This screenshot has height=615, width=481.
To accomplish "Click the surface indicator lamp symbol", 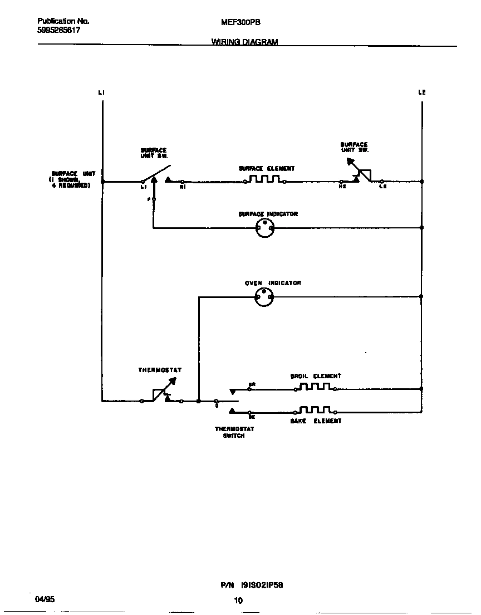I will pos(264,227).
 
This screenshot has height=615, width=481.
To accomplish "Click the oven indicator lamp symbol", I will pos(264,297).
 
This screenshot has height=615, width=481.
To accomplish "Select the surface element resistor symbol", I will pos(264,180).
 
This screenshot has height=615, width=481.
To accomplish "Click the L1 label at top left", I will pos(101,92).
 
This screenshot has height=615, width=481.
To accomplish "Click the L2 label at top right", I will pos(422,92).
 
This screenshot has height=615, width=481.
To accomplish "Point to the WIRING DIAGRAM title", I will pos(244,42).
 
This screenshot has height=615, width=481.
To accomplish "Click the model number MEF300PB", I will pos(241,22).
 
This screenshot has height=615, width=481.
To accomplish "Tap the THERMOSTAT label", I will pos(160,370).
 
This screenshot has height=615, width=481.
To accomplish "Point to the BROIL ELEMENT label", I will pos(316,376).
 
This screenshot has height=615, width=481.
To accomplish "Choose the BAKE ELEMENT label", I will pos(316,421).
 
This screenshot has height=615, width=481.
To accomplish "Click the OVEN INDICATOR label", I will pos(273,283).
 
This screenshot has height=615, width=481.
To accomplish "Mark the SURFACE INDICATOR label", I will pos(268,214).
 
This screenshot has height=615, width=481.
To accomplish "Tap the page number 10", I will pos(238,601).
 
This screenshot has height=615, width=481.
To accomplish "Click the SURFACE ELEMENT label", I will pos(267,168).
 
